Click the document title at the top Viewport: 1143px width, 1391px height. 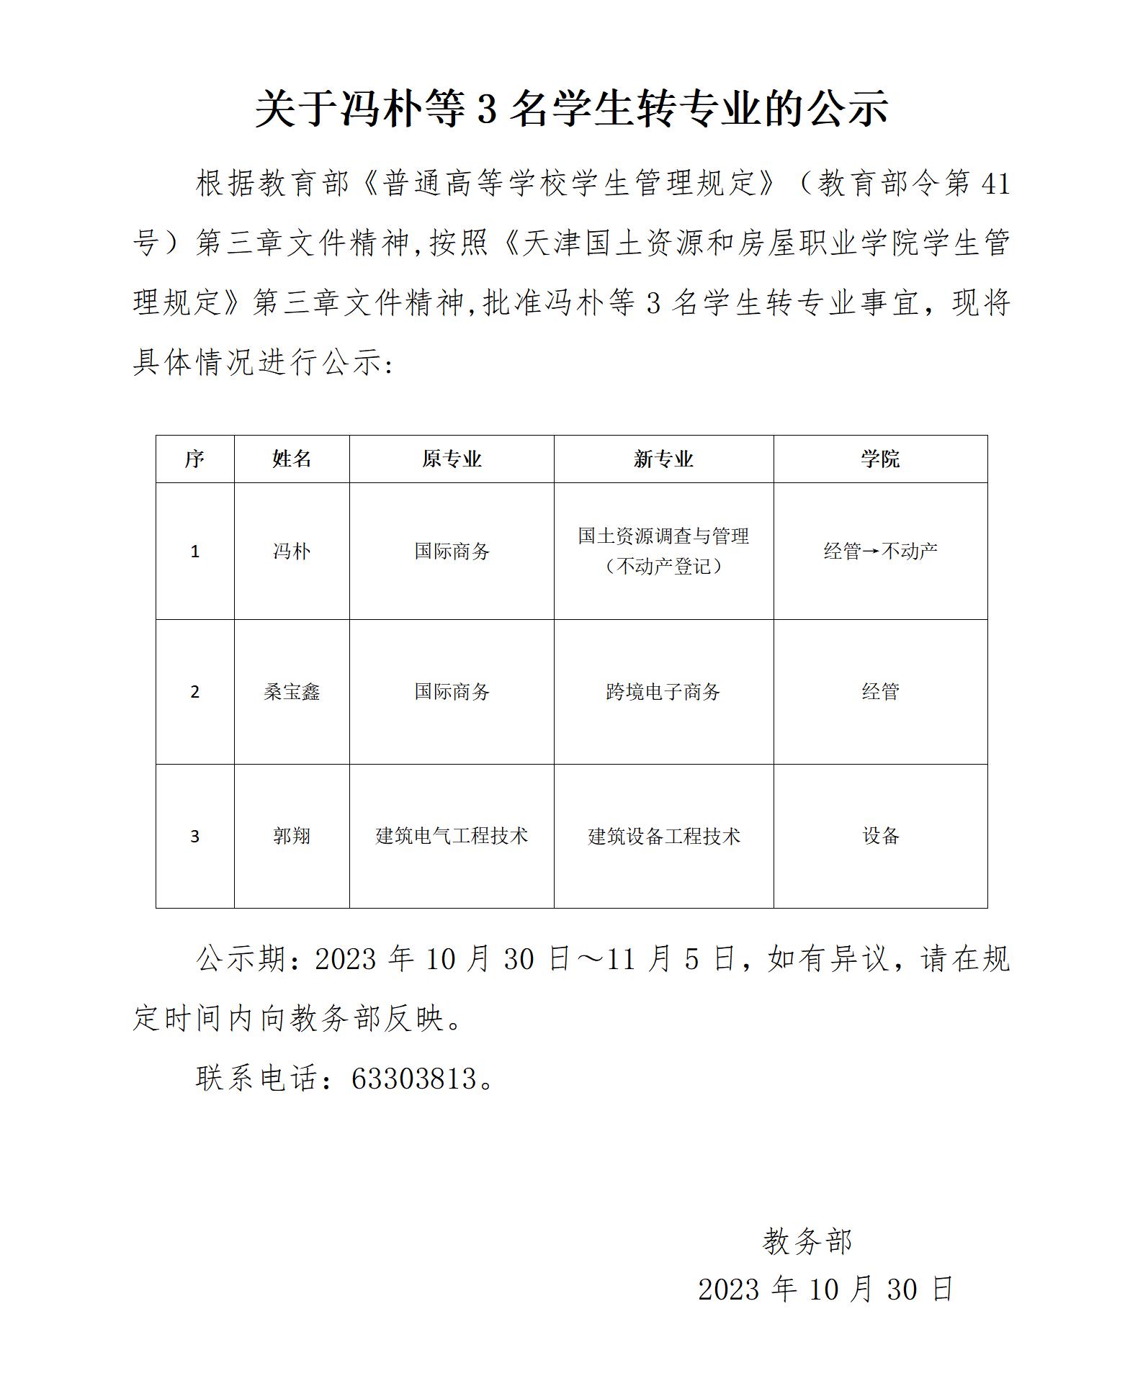coord(571,109)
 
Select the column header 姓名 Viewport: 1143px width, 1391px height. coord(292,459)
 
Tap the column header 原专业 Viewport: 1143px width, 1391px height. coord(452,459)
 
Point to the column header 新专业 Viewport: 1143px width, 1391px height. coord(663,459)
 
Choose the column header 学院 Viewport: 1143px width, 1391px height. coord(880,459)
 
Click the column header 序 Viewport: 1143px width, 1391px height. coord(194,459)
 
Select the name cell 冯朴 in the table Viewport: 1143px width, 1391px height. coord(292,552)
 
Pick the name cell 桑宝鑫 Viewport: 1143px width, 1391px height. coord(292,692)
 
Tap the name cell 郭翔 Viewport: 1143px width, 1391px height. coord(292,836)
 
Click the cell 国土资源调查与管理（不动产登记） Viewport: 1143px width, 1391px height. coord(663,551)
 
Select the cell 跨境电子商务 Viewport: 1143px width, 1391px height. coord(663,692)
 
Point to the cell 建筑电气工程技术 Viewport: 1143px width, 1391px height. coord(452,836)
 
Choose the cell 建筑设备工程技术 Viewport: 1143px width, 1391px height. coord(663,836)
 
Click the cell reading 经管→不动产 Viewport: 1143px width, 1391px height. coord(880,552)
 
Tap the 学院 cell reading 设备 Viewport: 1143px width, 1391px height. coord(880,836)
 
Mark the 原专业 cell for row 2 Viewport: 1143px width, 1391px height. coord(452,692)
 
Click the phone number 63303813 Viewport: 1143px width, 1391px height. coord(414,1079)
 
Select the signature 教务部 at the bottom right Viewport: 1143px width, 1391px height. coord(807,1241)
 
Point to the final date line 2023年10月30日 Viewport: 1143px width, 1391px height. coord(826,1289)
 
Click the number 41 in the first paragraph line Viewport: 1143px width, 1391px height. coord(996,184)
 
